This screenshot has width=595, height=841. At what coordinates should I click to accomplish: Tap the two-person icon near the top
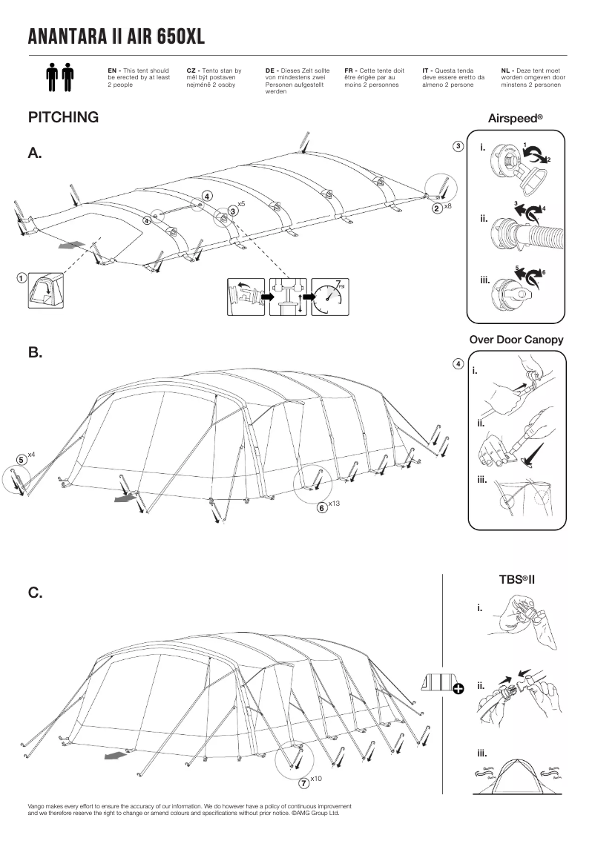coord(60,77)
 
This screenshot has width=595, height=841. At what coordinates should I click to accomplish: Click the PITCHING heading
coord(63,118)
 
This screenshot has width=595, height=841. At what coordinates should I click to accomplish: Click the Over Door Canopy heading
coord(516,340)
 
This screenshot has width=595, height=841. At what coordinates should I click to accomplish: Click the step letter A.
coord(35,154)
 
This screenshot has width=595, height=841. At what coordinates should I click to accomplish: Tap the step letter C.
coord(35,593)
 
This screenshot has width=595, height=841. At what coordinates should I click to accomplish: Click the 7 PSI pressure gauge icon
coord(329,297)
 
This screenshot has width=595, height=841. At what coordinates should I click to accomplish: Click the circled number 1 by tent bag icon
coord(23,278)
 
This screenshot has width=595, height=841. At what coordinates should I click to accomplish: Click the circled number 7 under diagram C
coord(303,782)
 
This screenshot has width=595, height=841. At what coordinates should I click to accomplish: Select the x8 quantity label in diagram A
coord(447,206)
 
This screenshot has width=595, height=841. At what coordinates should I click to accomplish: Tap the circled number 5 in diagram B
coord(22,459)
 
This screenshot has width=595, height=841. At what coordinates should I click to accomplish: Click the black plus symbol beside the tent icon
coord(458,689)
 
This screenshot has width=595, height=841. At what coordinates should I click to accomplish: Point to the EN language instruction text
coord(139,77)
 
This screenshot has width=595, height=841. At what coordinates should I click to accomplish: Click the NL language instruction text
coord(533,77)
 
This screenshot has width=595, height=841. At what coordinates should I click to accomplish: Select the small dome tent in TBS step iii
coord(519,775)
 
